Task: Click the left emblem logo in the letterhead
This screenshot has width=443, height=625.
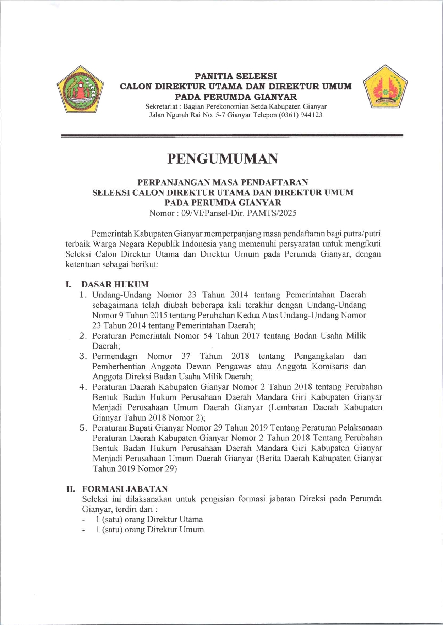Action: pyautogui.click(x=80, y=89)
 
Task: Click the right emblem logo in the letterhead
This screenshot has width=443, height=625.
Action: pyautogui.click(x=385, y=87)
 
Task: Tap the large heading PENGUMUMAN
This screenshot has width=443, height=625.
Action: pyautogui.click(x=223, y=159)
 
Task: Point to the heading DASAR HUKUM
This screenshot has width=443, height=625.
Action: pyautogui.click(x=115, y=284)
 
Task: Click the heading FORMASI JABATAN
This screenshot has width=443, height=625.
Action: pyautogui.click(x=125, y=489)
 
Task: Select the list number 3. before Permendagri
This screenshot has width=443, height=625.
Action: pyautogui.click(x=83, y=356)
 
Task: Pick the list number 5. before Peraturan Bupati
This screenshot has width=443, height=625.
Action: pyautogui.click(x=83, y=428)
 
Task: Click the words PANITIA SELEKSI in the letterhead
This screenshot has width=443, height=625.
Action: pyautogui.click(x=236, y=76)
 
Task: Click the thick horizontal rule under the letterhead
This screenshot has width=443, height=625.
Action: pyautogui.click(x=232, y=136)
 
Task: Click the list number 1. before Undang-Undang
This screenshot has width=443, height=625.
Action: pyautogui.click(x=83, y=295)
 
